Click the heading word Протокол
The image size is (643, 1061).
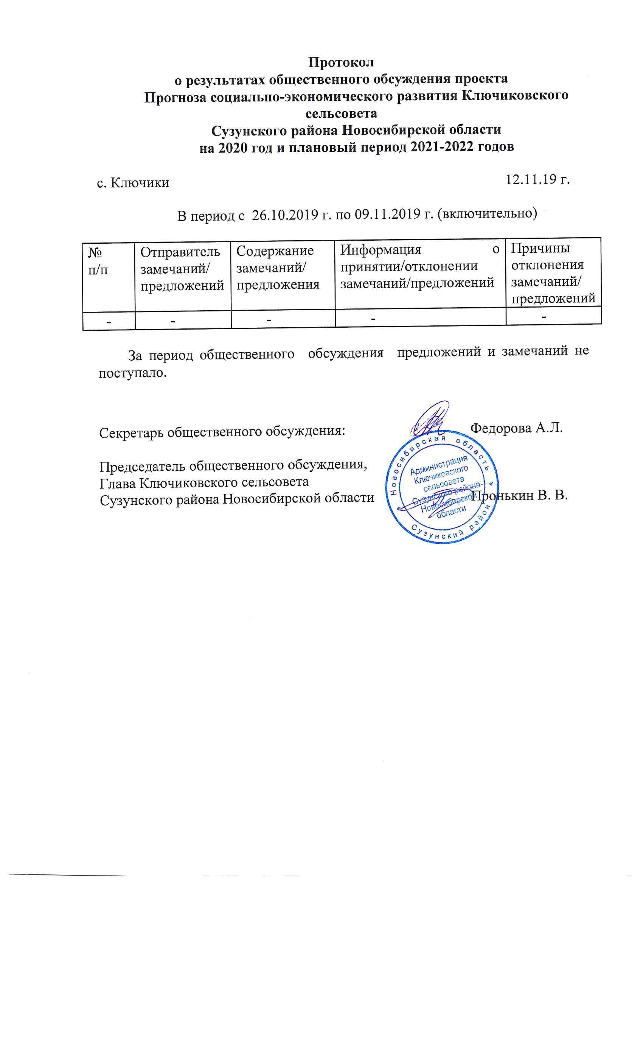pyautogui.click(x=341, y=62)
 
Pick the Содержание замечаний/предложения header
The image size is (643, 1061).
pyautogui.click(x=278, y=268)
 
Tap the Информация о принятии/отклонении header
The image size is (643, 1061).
pyautogui.click(x=419, y=266)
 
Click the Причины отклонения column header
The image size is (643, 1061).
pyautogui.click(x=553, y=273)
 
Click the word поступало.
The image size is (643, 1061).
pyautogui.click(x=132, y=372)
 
